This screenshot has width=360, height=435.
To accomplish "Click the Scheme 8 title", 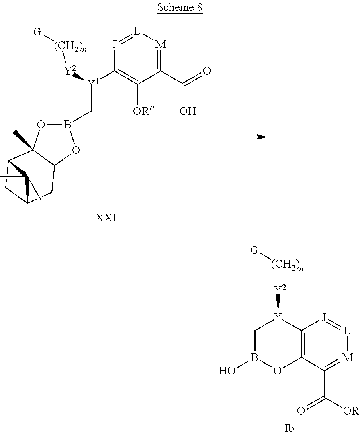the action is coord(180,8).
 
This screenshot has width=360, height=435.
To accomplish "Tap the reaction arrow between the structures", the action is coord(249,137).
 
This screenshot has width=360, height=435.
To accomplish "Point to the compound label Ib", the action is coord(289,429).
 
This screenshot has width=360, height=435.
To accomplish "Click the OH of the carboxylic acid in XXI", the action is coord(188,111).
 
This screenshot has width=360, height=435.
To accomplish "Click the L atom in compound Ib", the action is coord(348,332).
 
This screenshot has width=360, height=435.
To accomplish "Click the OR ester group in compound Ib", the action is coord(349,410).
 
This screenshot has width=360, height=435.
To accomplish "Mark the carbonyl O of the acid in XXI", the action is coord(207,72).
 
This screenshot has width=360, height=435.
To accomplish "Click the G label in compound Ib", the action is coord(254,251).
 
